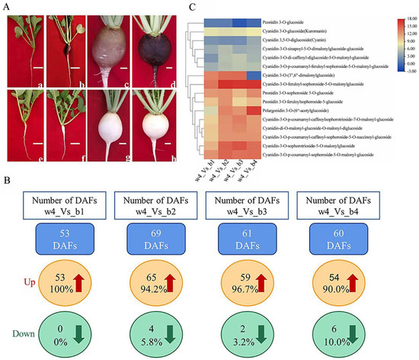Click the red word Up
click(x=11, y=291)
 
